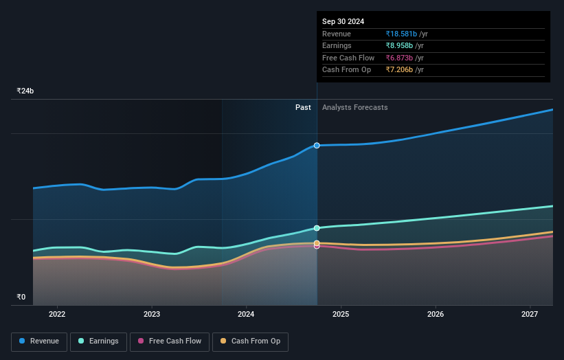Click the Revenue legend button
[39, 341]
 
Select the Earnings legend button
[98, 341]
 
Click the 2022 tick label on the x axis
[57, 315]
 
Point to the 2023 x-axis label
[152, 315]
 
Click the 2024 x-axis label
[246, 315]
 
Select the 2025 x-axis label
[341, 315]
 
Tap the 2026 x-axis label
[436, 315]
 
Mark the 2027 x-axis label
[530, 315]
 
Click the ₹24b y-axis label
[25, 91]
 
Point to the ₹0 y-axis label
[21, 297]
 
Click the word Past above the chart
[303, 108]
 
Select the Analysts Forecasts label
[354, 108]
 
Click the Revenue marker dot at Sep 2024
[317, 146]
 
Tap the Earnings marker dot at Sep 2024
[317, 228]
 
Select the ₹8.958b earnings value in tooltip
[400, 46]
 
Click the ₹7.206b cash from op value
[400, 70]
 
